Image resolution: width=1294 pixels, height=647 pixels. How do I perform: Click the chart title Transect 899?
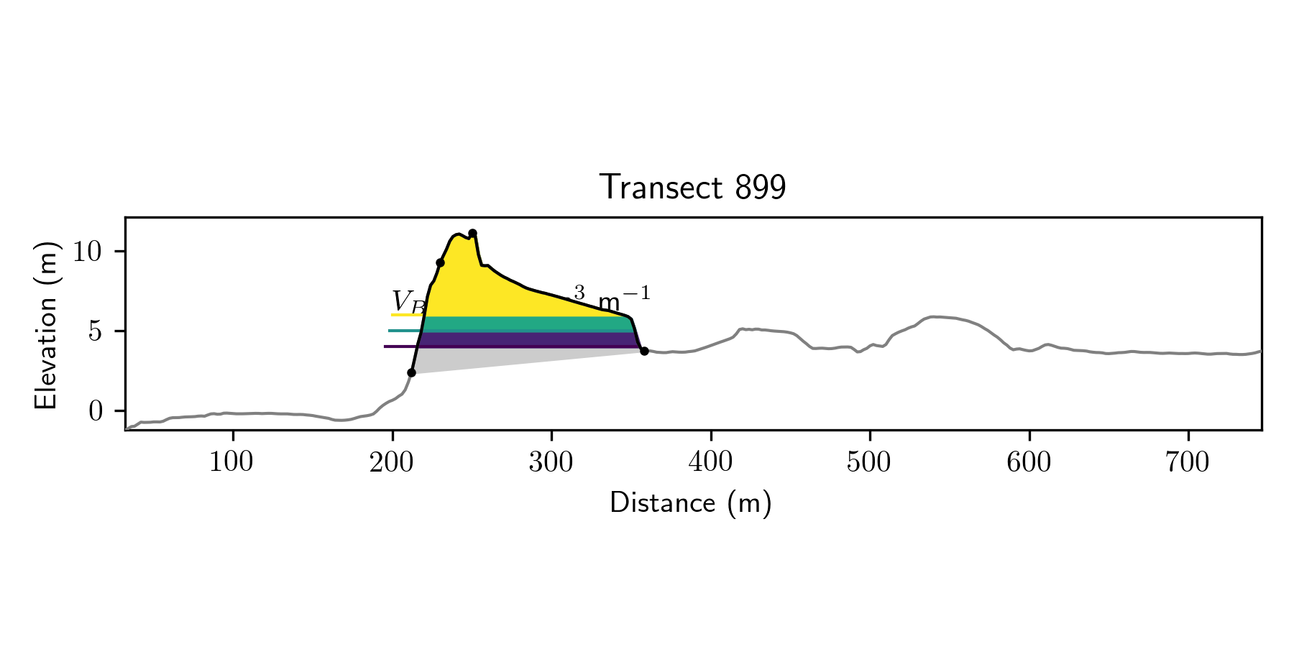pos(692,188)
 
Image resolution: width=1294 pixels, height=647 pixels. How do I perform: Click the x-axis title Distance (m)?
pos(690,503)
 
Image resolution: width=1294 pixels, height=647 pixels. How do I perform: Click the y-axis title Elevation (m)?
pos(46,324)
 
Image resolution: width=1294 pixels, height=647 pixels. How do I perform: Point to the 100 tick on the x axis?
pos(231,462)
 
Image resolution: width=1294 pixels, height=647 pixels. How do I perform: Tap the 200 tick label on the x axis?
pos(392,462)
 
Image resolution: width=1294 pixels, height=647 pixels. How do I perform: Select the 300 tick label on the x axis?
pos(551,462)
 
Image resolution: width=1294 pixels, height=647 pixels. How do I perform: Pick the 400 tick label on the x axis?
pos(710,462)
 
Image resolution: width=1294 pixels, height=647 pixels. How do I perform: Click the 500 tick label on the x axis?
pos(869,462)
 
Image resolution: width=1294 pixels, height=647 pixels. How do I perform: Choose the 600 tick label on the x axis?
pos(1029,462)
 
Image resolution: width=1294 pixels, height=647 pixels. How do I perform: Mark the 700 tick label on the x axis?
pos(1188,462)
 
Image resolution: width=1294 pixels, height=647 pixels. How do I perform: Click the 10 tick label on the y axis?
pos(89,252)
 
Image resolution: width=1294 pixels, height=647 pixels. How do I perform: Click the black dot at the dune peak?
pos(472,233)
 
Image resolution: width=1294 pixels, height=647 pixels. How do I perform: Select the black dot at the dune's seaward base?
pos(411,372)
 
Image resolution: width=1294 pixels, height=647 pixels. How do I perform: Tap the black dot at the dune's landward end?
pos(644,351)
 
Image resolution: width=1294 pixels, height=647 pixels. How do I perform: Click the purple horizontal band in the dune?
pos(525,339)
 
